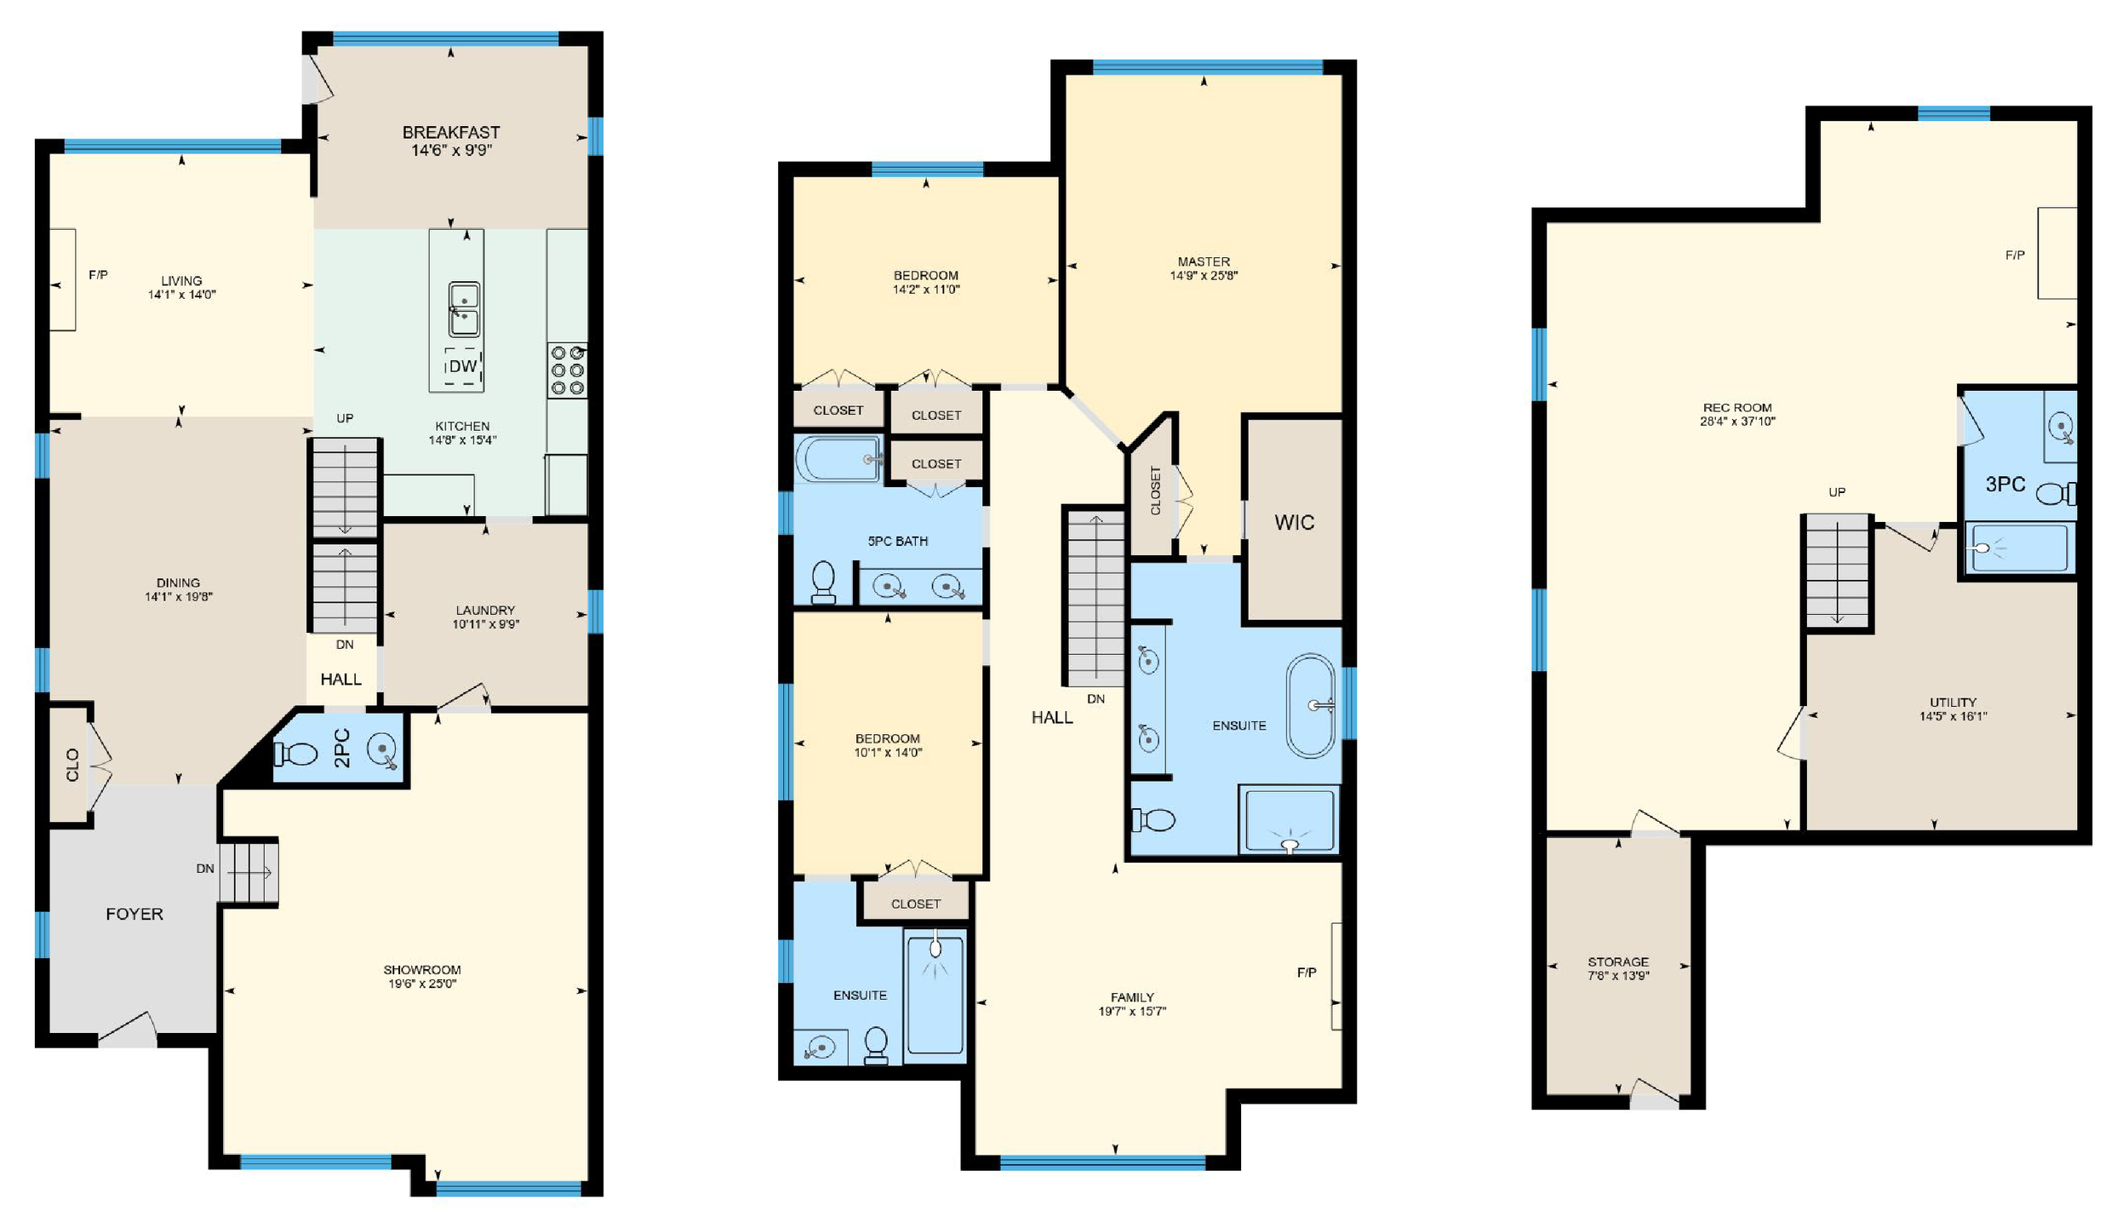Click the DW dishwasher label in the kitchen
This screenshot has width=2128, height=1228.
click(462, 366)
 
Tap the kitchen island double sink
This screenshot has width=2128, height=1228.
click(464, 310)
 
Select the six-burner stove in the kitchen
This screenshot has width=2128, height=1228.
click(567, 370)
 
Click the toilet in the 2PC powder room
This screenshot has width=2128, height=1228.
click(296, 753)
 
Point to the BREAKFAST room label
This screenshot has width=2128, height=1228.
click(450, 132)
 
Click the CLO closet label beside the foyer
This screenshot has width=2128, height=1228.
click(72, 764)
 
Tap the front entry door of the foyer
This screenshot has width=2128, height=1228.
click(128, 1030)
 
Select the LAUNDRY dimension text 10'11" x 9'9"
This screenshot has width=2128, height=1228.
click(485, 624)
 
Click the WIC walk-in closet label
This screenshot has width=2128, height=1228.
click(1294, 522)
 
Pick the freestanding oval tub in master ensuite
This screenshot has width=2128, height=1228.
click(1310, 705)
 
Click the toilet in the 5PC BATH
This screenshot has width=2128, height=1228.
click(823, 582)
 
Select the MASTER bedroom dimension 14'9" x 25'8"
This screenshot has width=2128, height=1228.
click(1203, 276)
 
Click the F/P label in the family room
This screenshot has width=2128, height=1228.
click(1306, 972)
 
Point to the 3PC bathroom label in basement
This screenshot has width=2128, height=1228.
click(2005, 484)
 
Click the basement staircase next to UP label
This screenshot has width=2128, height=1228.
click(1837, 571)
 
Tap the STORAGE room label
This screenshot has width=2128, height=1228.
click(1617, 961)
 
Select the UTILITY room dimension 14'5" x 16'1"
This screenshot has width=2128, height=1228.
click(1953, 716)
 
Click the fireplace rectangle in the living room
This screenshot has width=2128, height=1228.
click(62, 279)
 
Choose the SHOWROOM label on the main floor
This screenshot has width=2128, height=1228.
click(421, 969)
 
